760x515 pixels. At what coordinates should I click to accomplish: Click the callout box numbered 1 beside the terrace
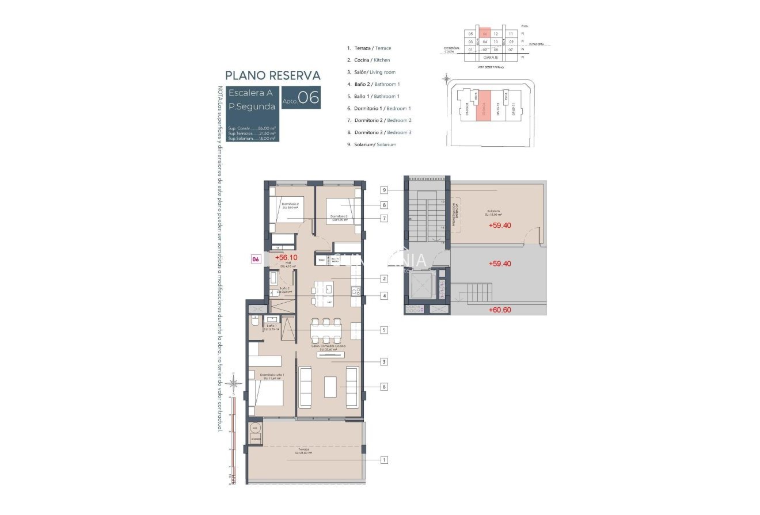(x=384, y=460)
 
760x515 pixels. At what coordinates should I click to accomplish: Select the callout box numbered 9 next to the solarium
(x=384, y=190)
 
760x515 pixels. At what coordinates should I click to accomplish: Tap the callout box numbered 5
(x=384, y=330)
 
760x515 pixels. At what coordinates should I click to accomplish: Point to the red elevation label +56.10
(x=287, y=258)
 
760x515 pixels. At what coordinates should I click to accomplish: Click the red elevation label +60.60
(x=500, y=310)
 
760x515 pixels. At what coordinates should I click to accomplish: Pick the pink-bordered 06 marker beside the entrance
(x=257, y=260)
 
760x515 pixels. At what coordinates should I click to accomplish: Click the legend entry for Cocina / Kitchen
(x=368, y=60)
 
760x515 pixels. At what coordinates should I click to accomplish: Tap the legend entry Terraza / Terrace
(x=368, y=48)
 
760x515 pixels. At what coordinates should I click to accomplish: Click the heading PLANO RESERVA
(x=273, y=75)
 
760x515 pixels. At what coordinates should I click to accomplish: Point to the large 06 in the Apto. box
(x=308, y=98)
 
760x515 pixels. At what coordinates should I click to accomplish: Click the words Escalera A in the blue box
(x=250, y=93)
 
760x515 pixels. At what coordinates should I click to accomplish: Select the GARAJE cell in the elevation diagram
(x=491, y=58)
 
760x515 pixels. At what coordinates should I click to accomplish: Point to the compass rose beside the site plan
(x=446, y=79)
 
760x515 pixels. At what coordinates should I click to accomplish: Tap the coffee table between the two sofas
(x=330, y=386)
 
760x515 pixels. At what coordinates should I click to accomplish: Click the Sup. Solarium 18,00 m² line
(x=252, y=138)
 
